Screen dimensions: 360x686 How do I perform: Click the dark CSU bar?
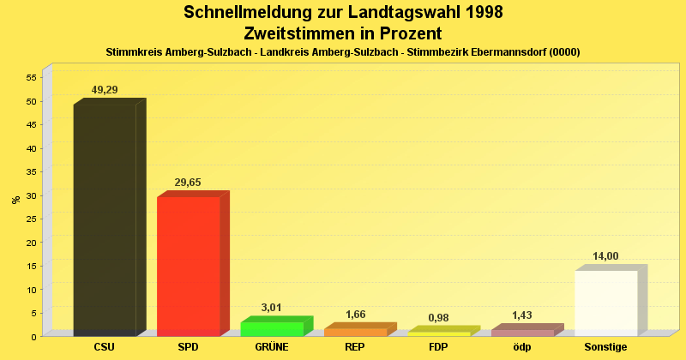click(x=105, y=219)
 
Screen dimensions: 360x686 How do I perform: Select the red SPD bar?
click(x=188, y=266)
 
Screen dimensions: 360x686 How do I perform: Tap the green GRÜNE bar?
click(x=272, y=328)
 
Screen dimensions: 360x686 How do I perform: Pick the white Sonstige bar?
click(x=606, y=303)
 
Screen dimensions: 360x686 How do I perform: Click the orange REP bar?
click(x=355, y=332)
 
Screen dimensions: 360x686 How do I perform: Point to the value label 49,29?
click(x=105, y=90)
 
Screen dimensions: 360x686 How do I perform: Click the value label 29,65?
click(x=188, y=183)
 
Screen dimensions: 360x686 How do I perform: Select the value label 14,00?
click(x=605, y=256)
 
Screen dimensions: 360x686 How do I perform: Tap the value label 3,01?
click(x=271, y=308)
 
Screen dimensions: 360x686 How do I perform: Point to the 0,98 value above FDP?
click(x=438, y=318)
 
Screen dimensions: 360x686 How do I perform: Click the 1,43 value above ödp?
click(x=522, y=315)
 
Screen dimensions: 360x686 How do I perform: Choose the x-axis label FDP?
click(x=438, y=347)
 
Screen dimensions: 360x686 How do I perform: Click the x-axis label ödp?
click(x=522, y=347)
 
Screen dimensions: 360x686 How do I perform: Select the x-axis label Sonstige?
click(x=605, y=347)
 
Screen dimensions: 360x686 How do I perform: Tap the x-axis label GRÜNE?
click(x=272, y=347)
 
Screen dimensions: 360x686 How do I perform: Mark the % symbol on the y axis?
click(x=15, y=200)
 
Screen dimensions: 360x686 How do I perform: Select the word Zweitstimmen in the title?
click(x=298, y=33)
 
